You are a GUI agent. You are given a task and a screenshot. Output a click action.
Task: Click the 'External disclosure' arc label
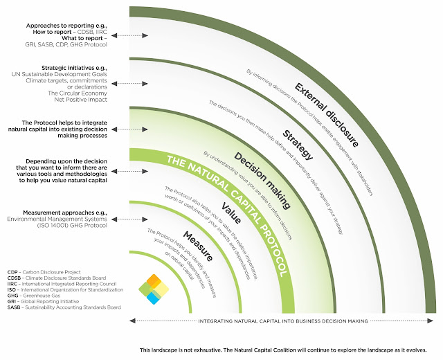point(325,114)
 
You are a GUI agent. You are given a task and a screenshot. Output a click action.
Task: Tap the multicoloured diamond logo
point(154,288)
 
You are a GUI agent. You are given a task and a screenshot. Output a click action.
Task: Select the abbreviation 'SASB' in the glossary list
point(13,306)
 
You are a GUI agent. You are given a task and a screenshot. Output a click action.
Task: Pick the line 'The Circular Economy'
point(73,93)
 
